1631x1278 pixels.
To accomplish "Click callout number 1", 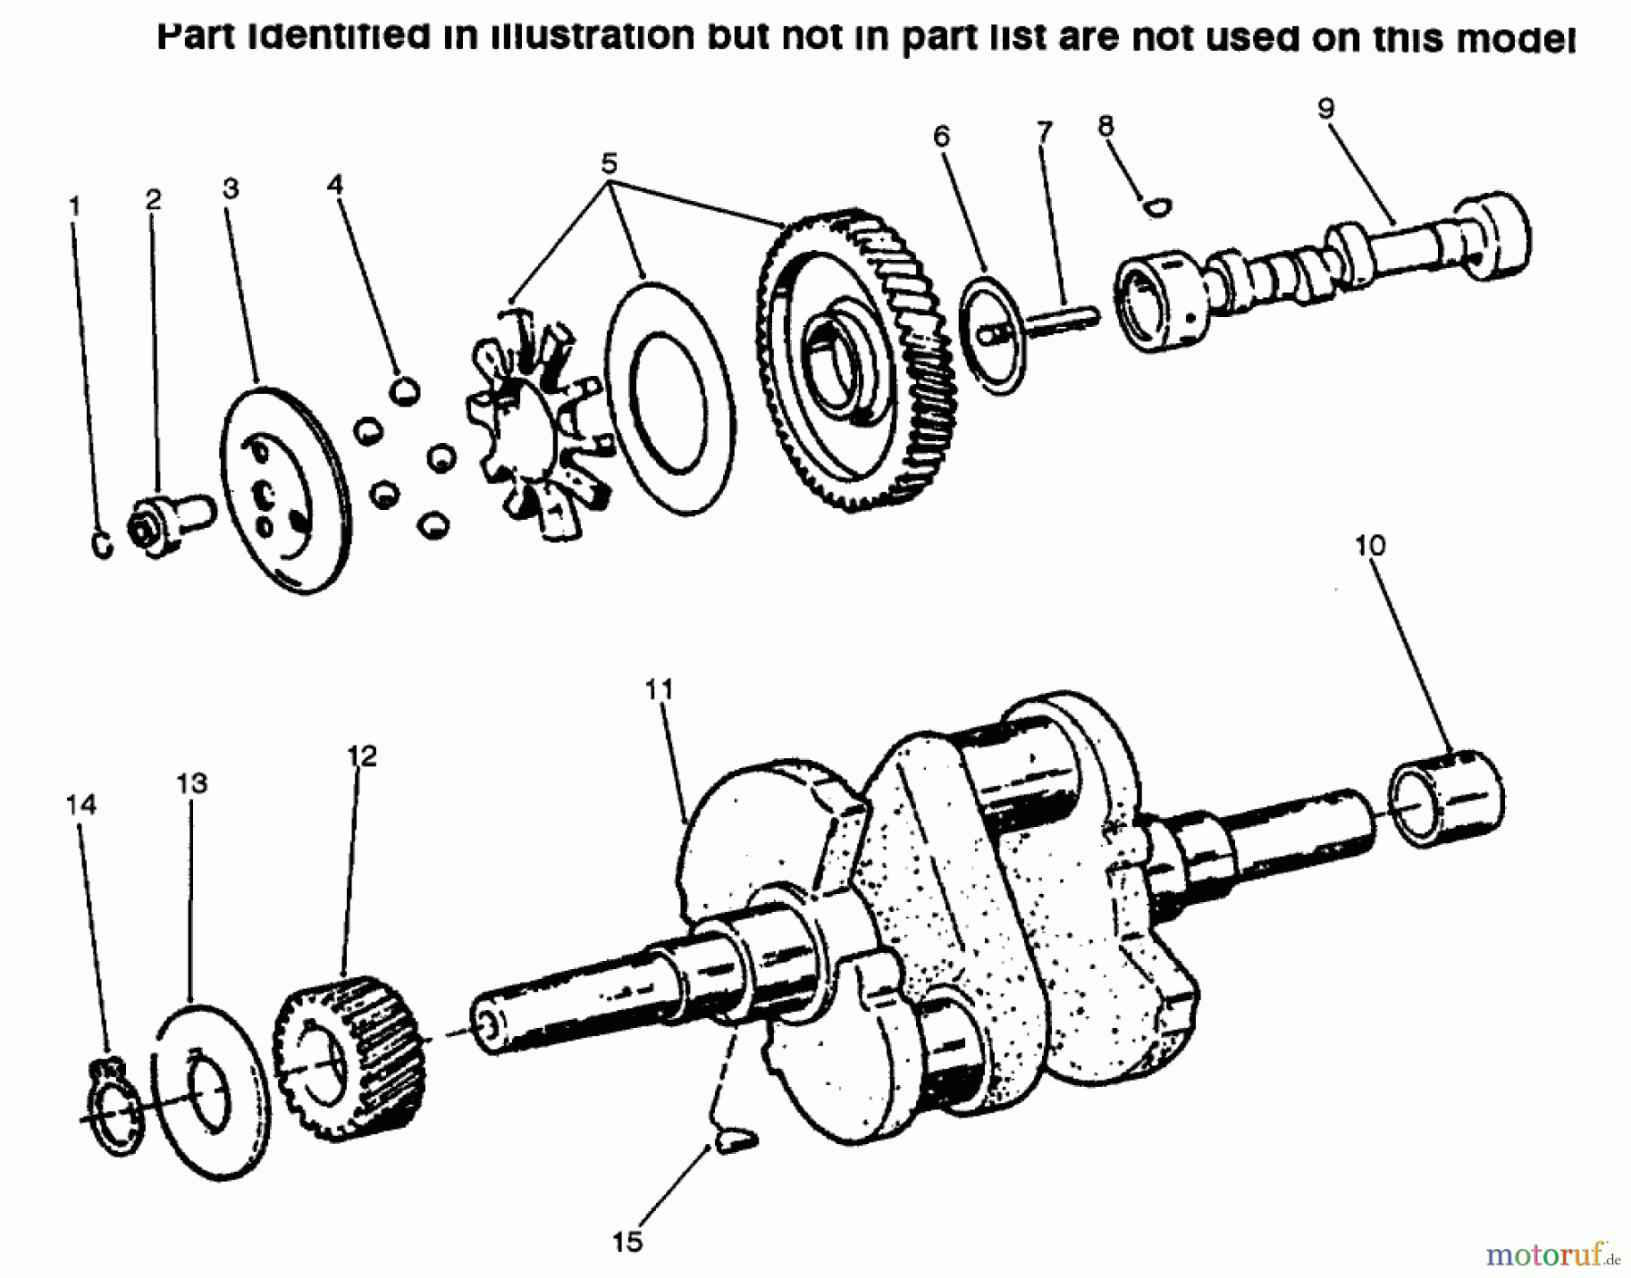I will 75,207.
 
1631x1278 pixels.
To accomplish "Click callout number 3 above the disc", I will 230,189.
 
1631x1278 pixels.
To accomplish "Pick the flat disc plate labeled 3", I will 285,490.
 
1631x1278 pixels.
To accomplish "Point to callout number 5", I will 609,164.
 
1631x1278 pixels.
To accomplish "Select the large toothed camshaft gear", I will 856,362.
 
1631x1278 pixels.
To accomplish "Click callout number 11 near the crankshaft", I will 660,690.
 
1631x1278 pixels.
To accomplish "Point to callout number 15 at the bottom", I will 627,1240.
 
